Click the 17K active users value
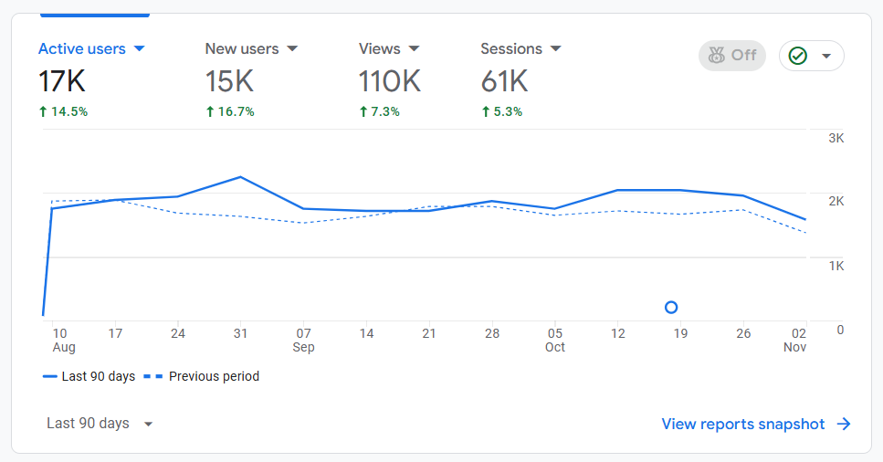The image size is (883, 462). (x=62, y=81)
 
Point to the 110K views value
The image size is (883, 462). (x=390, y=81)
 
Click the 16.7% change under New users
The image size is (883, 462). (x=230, y=111)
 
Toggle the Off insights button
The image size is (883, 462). (x=731, y=56)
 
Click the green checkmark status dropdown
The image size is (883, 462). (x=811, y=56)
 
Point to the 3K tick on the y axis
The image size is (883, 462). (x=836, y=138)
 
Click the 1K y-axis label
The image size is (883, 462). (x=836, y=266)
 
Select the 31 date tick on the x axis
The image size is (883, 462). (x=240, y=333)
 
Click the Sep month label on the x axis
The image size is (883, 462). (x=304, y=348)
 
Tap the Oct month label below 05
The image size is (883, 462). (x=555, y=348)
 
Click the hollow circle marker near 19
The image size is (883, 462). (x=671, y=308)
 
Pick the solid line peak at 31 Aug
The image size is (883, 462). (x=240, y=177)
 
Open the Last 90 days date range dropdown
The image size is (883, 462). (x=100, y=424)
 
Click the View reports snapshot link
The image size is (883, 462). (x=755, y=424)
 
